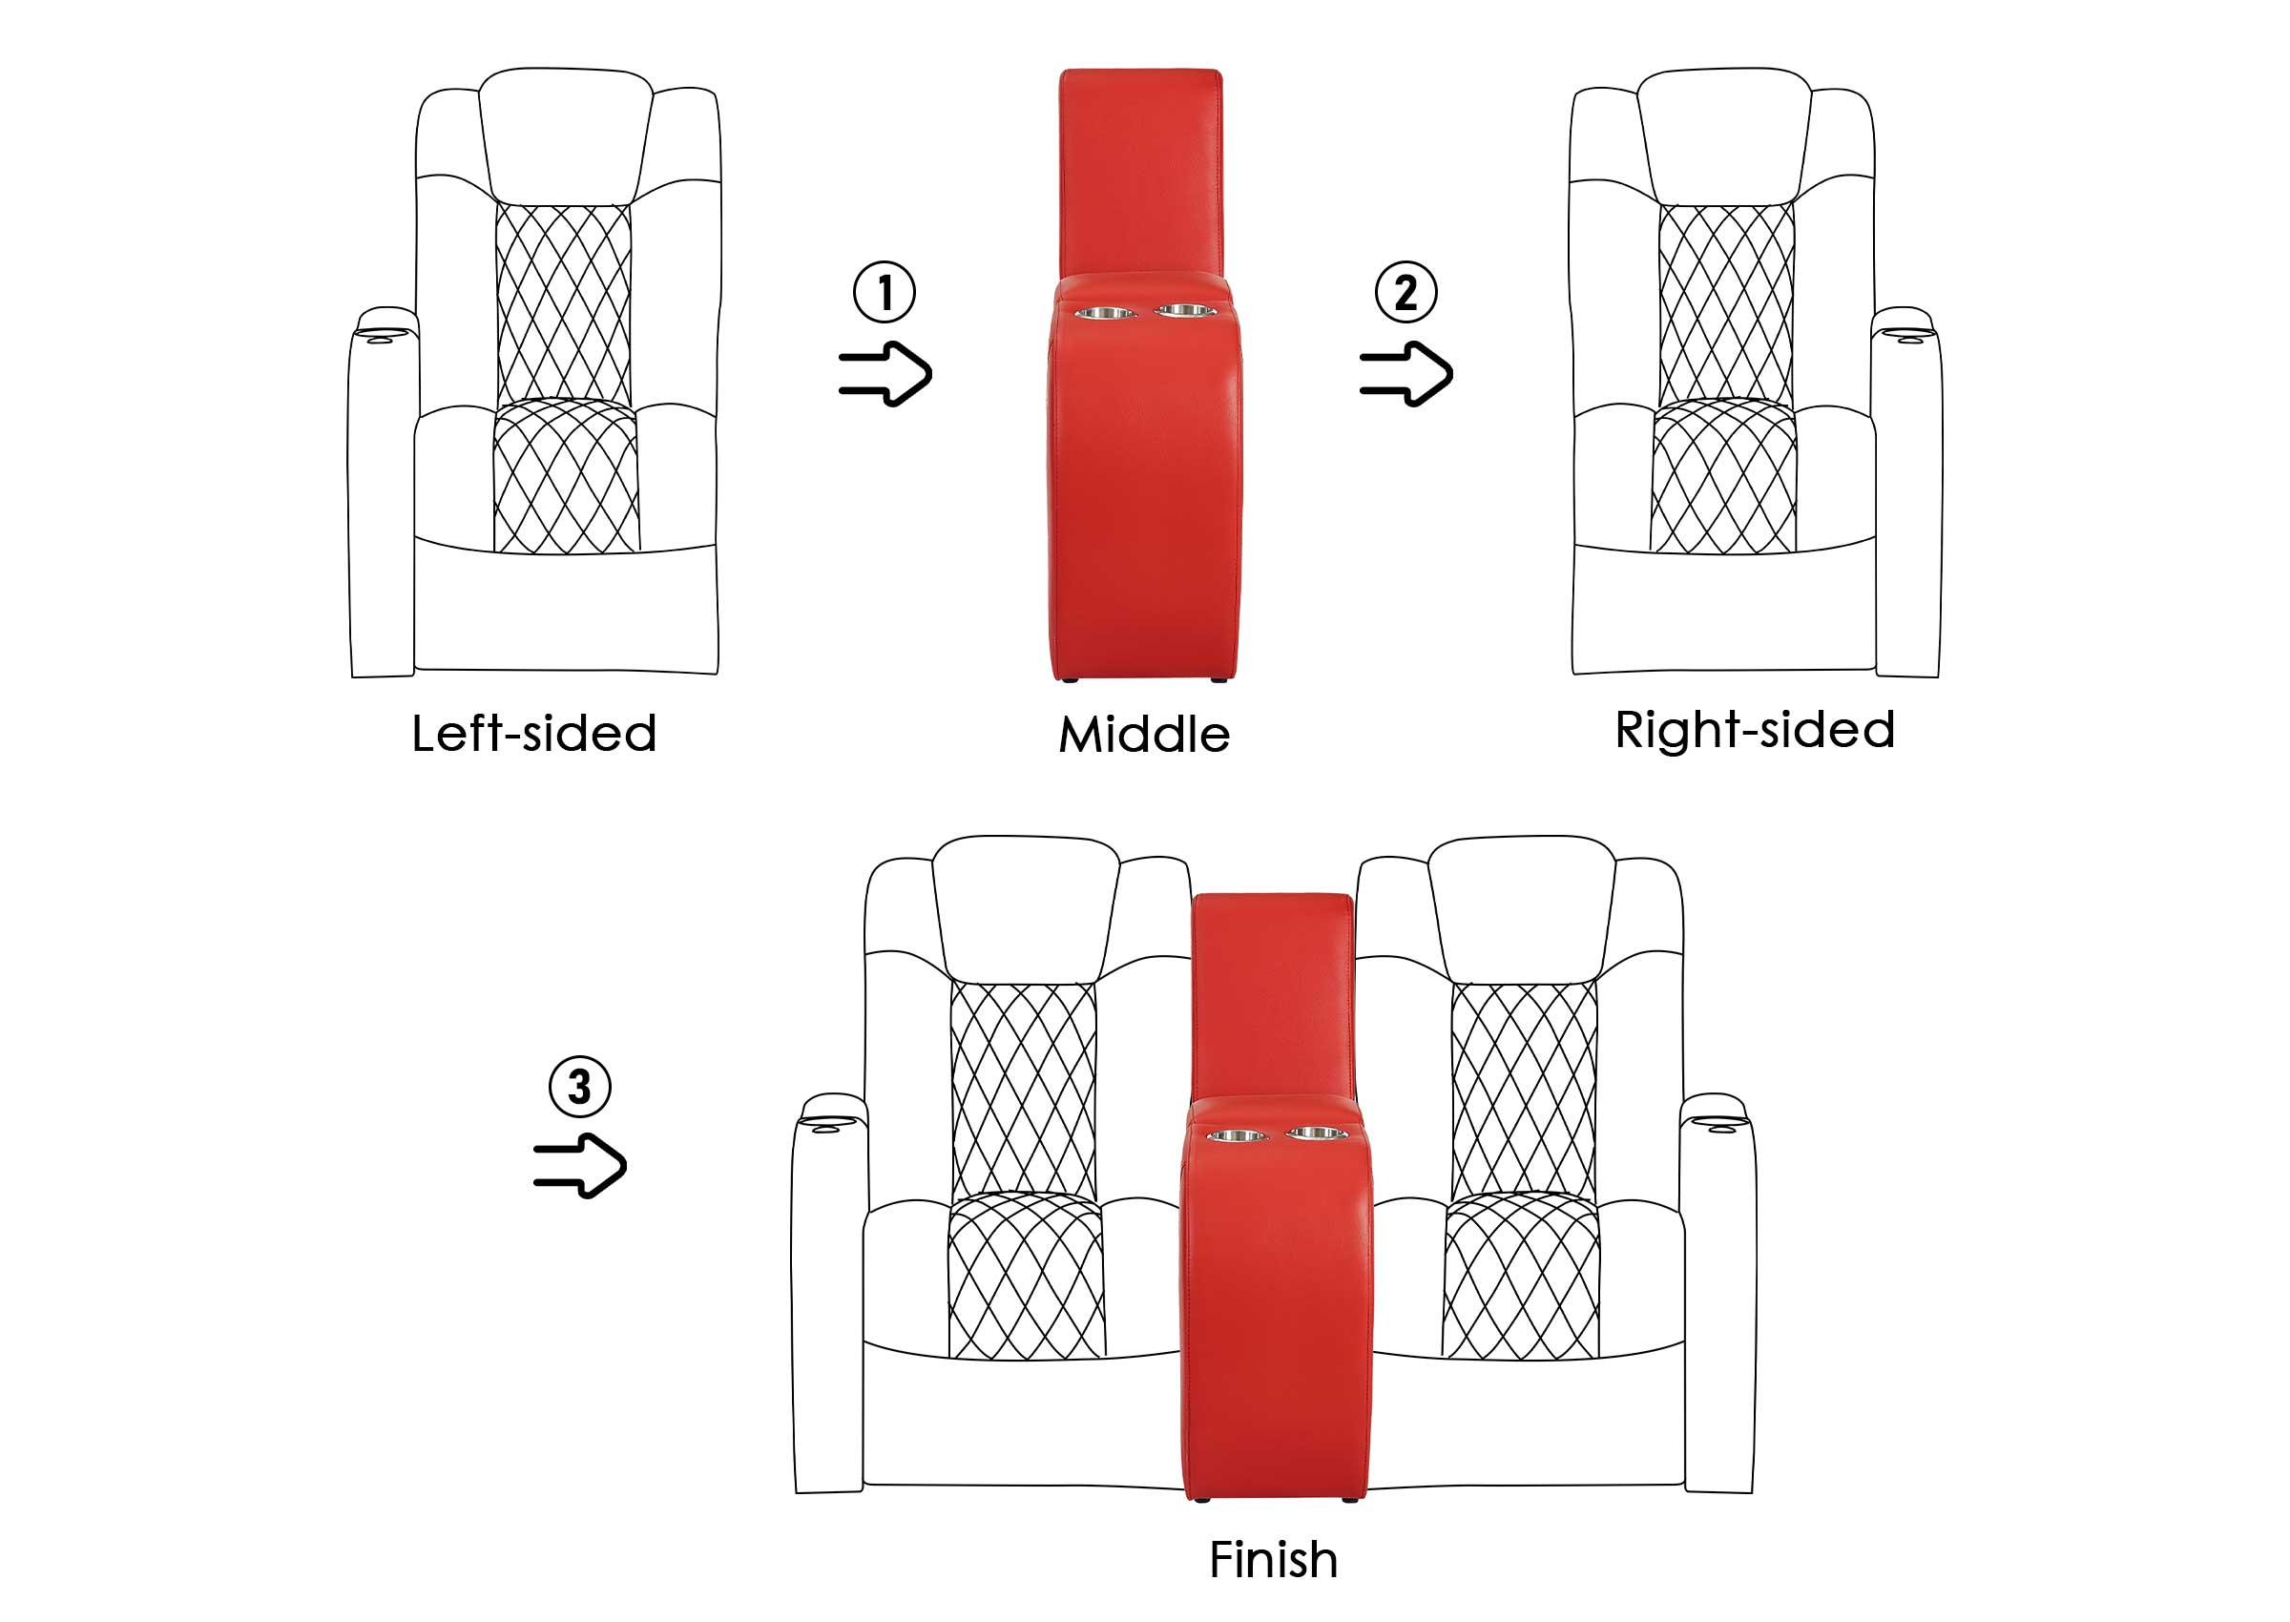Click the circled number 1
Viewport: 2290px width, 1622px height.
click(x=884, y=292)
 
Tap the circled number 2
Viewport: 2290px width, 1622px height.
click(x=1405, y=292)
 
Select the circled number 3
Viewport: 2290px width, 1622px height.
click(x=579, y=1087)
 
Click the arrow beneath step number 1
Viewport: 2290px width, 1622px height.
click(x=885, y=374)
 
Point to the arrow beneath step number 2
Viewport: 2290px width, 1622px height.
click(x=1406, y=374)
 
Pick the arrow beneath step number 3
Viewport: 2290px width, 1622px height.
click(x=580, y=1166)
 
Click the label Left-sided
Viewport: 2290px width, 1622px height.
click(x=534, y=733)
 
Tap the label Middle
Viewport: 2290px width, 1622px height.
click(x=1144, y=735)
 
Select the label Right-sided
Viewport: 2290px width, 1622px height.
click(x=1755, y=729)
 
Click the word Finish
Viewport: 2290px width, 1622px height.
click(x=1273, y=1560)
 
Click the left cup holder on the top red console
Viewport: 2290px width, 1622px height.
click(x=1105, y=314)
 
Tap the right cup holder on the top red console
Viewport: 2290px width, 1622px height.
click(x=1184, y=311)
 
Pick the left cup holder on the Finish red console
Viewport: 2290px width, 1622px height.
click(x=1238, y=1135)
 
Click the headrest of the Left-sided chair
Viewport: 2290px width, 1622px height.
click(x=565, y=135)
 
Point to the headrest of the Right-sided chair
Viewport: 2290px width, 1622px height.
click(x=1724, y=135)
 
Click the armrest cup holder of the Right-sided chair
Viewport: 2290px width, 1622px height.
click(x=1904, y=327)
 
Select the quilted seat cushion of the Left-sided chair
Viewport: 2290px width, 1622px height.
click(x=566, y=476)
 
